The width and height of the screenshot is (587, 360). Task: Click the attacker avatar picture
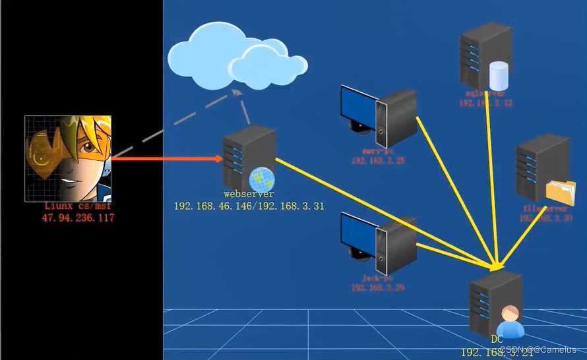coord(68,158)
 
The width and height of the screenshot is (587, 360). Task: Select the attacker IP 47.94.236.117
coord(78,217)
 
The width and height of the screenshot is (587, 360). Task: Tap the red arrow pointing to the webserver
coord(165,158)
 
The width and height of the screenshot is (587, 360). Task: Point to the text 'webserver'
coord(249,195)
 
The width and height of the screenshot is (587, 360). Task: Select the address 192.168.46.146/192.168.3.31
coord(249,206)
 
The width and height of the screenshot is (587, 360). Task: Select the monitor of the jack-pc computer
coord(358,235)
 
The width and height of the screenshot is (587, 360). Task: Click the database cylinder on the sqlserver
coord(499,76)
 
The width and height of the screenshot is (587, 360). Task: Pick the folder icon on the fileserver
coord(561,191)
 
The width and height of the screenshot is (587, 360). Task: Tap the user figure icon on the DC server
coord(510,322)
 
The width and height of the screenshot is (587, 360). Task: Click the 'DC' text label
coord(497,340)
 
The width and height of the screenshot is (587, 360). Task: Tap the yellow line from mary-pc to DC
coord(455,191)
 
